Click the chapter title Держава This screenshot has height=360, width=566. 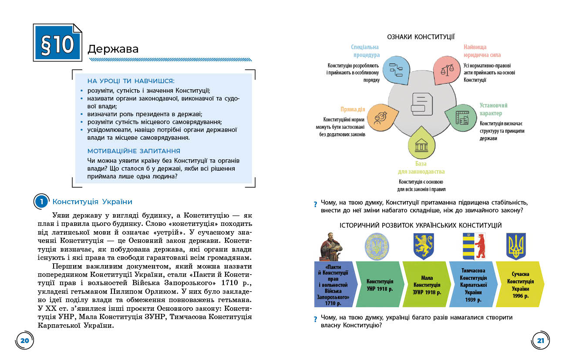[x=113, y=49]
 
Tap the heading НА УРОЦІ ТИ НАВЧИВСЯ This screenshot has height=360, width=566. [x=131, y=81]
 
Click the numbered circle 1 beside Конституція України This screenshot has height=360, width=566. [x=41, y=202]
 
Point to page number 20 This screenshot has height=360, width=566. [x=25, y=340]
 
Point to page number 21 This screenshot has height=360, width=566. [x=540, y=340]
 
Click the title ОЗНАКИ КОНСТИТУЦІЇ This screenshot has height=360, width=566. [x=421, y=37]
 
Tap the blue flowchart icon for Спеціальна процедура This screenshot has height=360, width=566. [x=397, y=69]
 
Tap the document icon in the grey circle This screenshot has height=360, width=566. [x=421, y=104]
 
